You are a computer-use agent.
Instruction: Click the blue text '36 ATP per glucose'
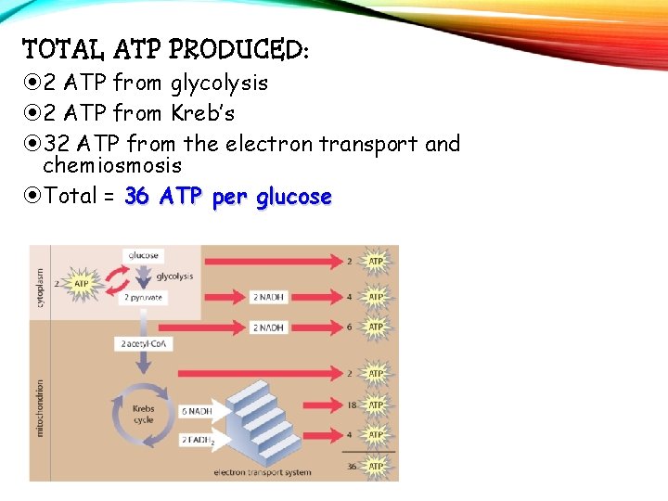click(227, 197)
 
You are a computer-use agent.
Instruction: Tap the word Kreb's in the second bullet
click(202, 113)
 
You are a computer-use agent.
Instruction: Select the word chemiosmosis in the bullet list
click(112, 165)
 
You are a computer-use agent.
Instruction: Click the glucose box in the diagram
click(143, 255)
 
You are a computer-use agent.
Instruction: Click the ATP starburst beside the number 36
click(376, 467)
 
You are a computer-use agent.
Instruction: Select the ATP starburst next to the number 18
click(376, 405)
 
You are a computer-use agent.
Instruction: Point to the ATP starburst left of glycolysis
click(82, 282)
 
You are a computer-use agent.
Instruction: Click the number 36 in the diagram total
click(349, 467)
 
